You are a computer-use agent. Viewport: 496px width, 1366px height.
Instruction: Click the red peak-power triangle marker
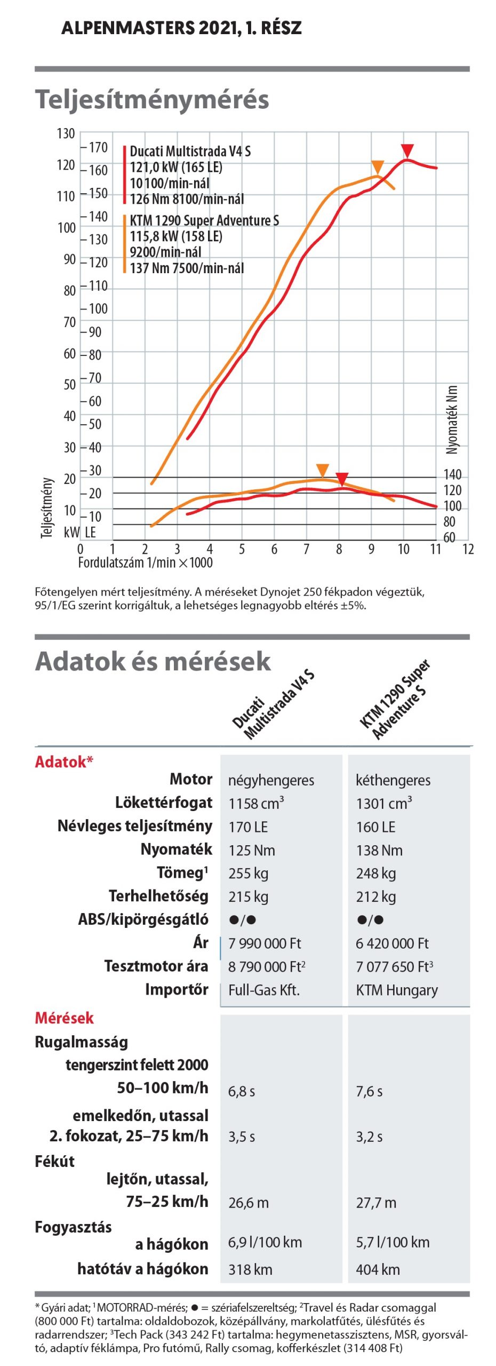coord(407,150)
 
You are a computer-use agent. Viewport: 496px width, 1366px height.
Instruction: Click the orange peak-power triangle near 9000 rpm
coord(378,167)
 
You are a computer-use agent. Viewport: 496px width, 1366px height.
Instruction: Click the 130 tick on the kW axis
coord(66,133)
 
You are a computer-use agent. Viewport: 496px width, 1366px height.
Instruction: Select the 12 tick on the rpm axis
coord(468,549)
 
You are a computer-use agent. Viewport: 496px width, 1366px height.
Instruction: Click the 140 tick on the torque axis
coord(452,474)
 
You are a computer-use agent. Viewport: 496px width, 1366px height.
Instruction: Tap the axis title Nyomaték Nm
coord(452,420)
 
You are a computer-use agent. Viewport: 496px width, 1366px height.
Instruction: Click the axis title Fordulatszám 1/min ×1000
coord(145,562)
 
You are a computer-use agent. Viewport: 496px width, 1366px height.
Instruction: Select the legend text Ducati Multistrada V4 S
coord(190,152)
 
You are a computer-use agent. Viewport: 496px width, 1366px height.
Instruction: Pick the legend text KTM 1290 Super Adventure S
coord(204,220)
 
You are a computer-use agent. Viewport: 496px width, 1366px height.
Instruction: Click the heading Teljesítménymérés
coord(152,100)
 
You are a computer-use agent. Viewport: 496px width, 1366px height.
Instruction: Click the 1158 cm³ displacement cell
coord(256,803)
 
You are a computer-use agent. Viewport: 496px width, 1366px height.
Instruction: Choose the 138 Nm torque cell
coord(379,850)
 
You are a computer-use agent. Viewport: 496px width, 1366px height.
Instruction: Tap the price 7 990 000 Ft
coord(265,943)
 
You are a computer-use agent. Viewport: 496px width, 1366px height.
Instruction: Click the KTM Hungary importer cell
coord(397,990)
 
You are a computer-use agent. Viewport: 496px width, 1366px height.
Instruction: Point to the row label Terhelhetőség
coord(158,896)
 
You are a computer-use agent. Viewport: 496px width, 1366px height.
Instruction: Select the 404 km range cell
coord(378,1269)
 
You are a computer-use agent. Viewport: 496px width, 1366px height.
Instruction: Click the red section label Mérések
coord(64,1018)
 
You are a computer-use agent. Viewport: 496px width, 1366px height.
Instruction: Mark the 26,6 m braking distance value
coord(249,1203)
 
